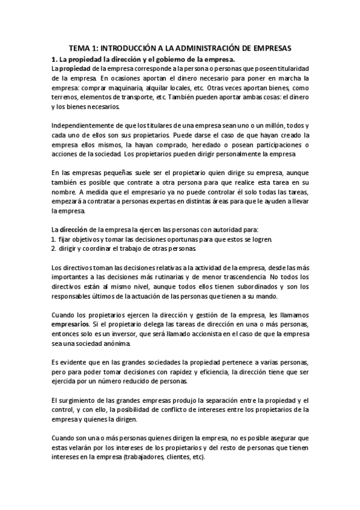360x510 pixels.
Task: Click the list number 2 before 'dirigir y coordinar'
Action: [x=53, y=249]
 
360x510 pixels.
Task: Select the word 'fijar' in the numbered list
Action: [x=67, y=240]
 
